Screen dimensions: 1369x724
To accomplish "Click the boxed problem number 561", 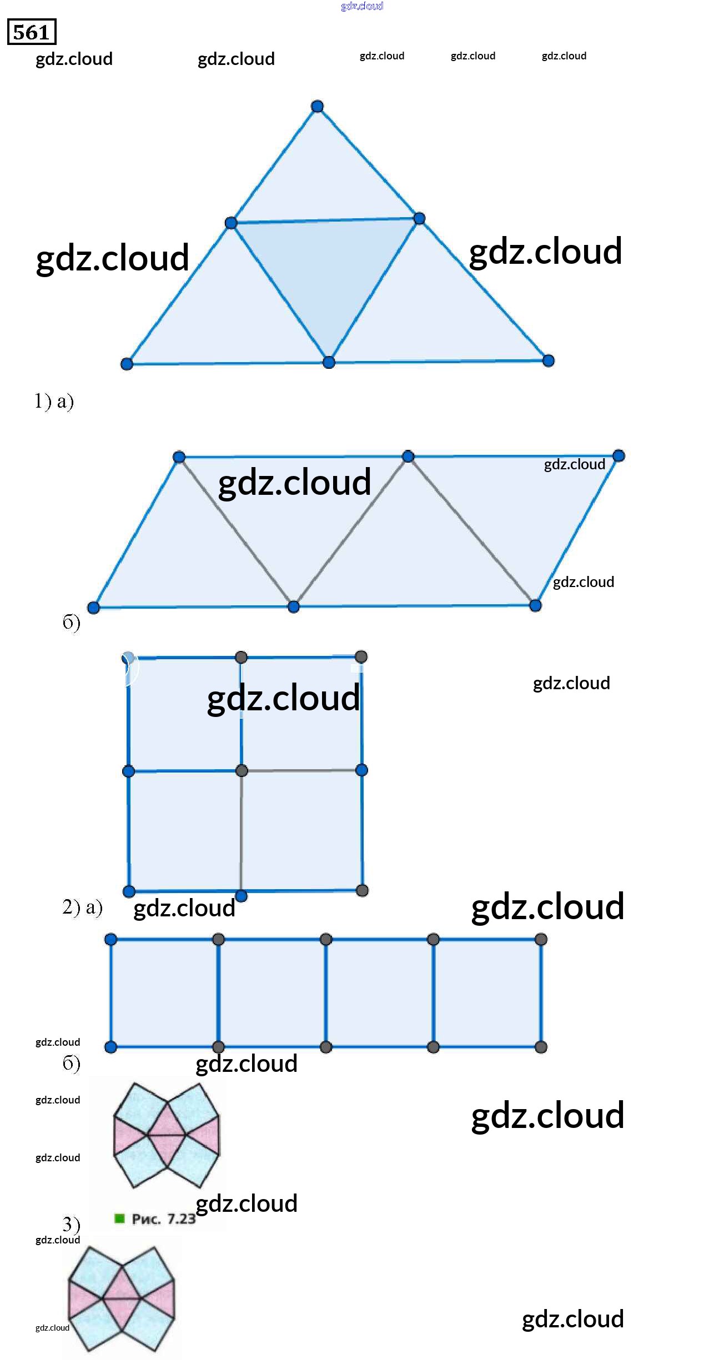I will point(32,32).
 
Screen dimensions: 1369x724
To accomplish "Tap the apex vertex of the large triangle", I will point(317,107).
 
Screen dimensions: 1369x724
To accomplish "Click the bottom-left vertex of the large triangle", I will point(127,364).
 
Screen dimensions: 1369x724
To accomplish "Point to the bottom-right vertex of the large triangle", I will point(549,361).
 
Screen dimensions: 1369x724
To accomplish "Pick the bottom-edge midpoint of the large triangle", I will point(329,363).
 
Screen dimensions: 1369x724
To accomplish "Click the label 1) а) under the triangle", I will point(54,400).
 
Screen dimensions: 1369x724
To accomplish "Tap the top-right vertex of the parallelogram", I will point(619,456).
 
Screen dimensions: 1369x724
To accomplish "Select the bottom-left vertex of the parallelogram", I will point(94,607).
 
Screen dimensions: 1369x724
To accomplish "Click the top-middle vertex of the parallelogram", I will point(408,457).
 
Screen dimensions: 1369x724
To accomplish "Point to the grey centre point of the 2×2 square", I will point(242,771).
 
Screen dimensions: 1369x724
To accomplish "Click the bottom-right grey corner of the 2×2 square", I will point(362,891).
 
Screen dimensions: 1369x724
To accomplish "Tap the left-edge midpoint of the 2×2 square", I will point(128,771).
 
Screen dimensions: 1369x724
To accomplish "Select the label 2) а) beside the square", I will point(82,907).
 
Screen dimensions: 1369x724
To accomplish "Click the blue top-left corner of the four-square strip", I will point(110,939).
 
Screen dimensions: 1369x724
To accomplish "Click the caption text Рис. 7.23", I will point(163,1219).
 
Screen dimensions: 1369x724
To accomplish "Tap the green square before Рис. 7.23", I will point(119,1218).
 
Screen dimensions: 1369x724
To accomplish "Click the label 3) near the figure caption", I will point(71,1223).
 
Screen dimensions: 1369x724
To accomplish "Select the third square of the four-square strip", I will point(380,993).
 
